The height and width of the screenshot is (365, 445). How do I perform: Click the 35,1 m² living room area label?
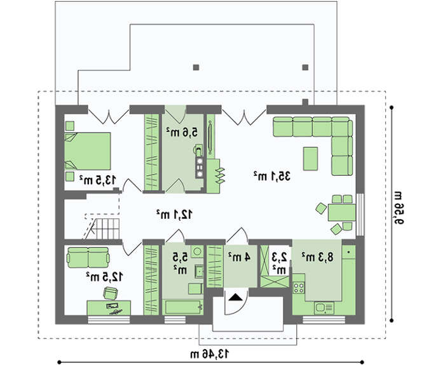272,176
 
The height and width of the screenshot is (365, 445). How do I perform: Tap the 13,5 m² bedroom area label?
98,180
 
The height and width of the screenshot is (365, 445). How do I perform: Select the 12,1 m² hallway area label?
175,215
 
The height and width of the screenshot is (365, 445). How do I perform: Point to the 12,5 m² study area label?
104,277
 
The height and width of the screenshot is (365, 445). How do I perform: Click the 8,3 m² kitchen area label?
318,257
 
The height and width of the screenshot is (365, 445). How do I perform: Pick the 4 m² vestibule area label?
239,256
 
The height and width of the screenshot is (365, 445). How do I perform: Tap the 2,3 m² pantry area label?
279,263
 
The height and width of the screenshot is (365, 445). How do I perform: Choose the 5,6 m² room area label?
182,132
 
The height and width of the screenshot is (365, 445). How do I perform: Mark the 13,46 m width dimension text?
209,354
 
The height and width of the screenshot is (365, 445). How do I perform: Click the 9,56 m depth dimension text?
398,208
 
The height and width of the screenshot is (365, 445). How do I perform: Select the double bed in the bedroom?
88,151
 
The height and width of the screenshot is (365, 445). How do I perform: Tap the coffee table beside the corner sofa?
310,159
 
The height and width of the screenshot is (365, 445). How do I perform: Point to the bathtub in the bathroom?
183,307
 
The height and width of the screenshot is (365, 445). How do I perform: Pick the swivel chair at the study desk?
110,293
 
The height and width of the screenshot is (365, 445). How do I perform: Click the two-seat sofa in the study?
88,257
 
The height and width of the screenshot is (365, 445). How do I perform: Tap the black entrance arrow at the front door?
235,297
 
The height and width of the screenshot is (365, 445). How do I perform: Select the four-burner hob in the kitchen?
299,288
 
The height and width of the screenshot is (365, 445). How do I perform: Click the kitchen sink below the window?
324,308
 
